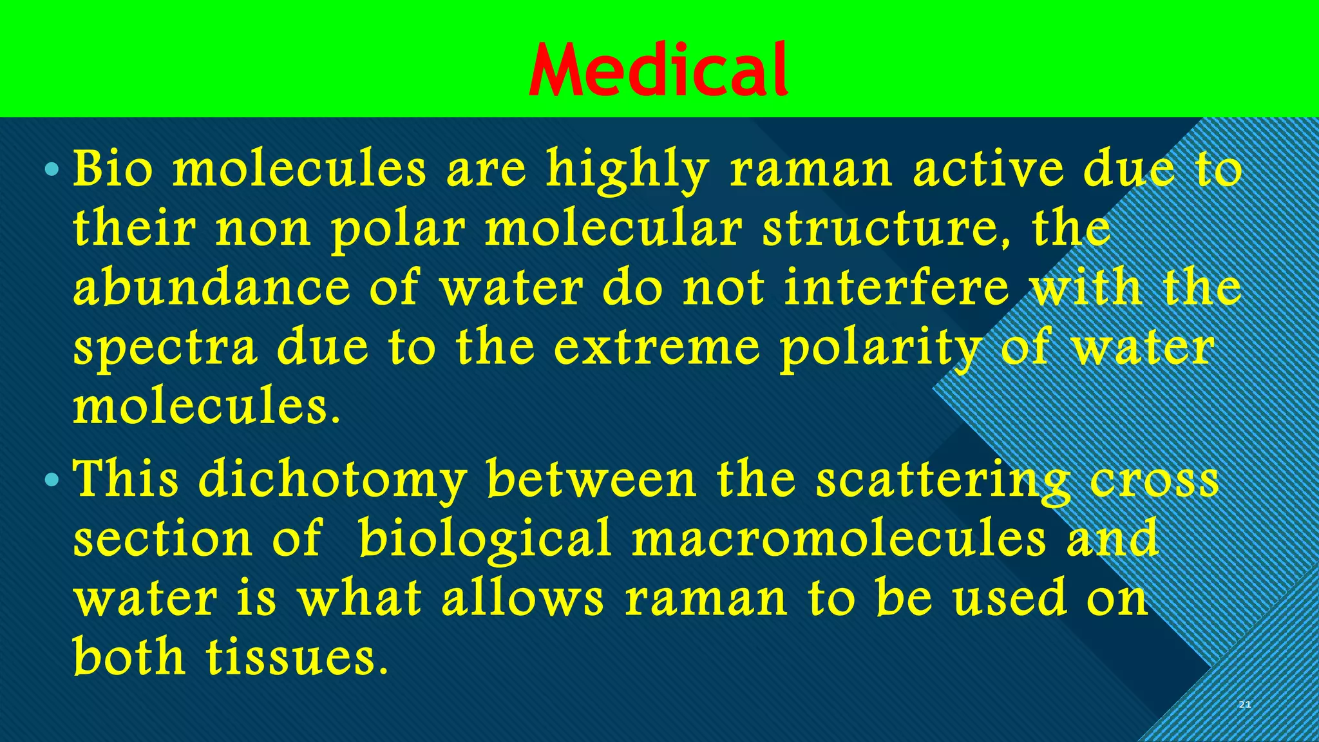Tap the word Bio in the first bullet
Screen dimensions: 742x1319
coord(113,169)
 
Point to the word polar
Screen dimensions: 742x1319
coord(397,229)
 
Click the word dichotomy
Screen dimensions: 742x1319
coord(332,480)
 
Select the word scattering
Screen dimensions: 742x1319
coord(944,480)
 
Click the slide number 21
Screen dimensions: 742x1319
coord(1244,705)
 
